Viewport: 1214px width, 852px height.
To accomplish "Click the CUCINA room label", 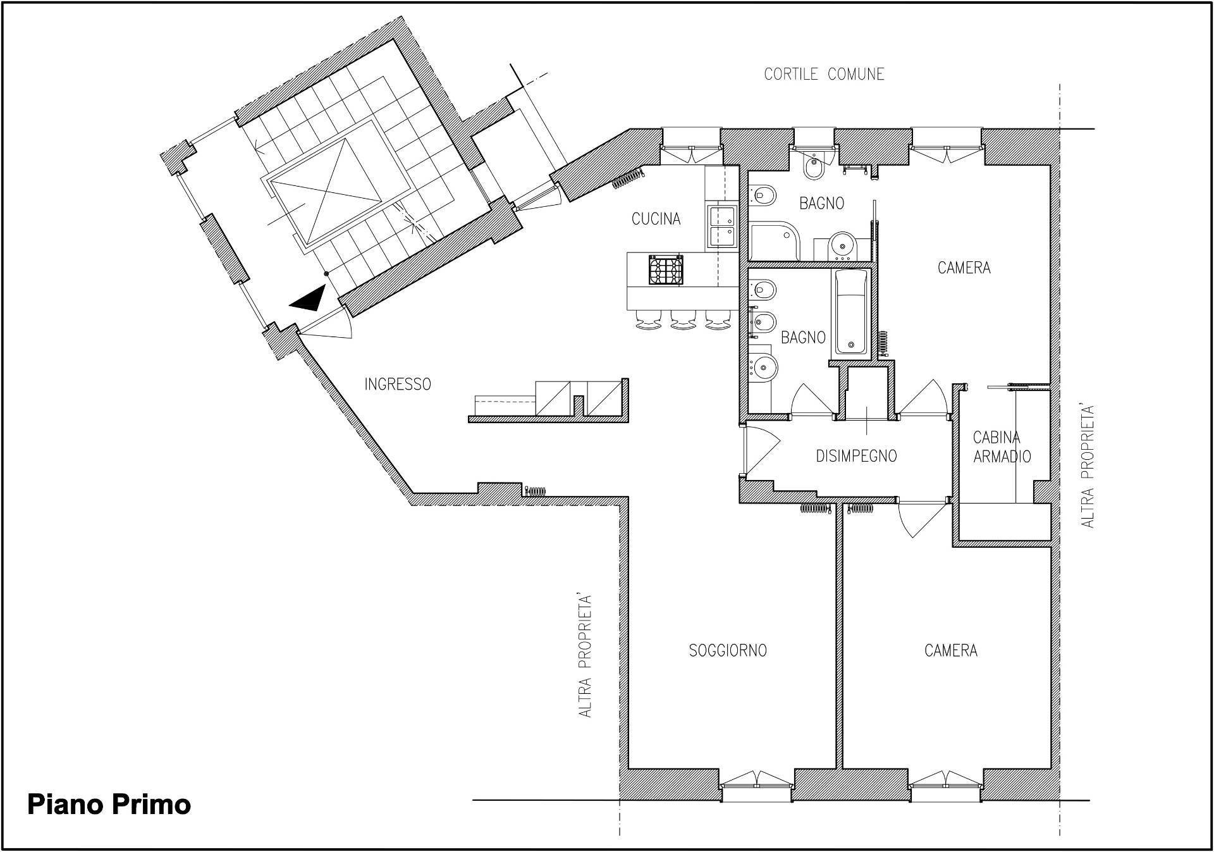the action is (656, 219).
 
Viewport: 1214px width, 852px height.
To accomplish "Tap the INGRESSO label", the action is (398, 384).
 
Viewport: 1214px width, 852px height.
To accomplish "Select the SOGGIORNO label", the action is (728, 650).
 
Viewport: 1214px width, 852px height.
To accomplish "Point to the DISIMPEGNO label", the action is (856, 456).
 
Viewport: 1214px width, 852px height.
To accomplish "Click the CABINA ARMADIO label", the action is (1002, 447).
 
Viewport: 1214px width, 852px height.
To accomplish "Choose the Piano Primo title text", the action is (109, 805).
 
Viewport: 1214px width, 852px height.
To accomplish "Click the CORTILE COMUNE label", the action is (824, 74).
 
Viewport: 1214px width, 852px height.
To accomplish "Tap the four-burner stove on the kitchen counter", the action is (666, 270).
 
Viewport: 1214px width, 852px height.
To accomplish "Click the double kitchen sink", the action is (722, 226).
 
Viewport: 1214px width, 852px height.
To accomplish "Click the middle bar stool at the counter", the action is (684, 320).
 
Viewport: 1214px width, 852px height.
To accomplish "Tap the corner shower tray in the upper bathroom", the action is (775, 240).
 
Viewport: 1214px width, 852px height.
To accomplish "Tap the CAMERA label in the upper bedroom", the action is (964, 268).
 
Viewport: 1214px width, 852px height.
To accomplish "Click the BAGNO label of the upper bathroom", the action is (821, 203).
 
